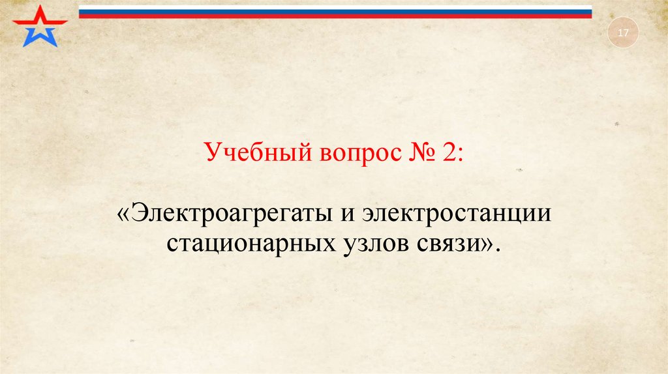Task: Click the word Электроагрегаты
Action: tap(229, 215)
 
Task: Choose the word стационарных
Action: tap(250, 244)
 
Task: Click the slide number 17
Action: tap(622, 34)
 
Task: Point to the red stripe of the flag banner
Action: tap(335, 16)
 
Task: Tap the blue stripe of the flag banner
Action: tap(335, 12)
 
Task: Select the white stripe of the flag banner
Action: tap(335, 7)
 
